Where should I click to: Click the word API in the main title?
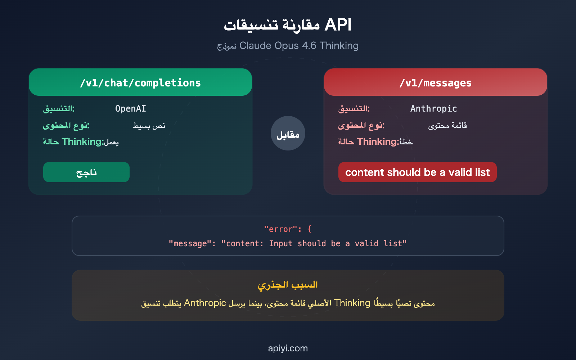click(x=338, y=25)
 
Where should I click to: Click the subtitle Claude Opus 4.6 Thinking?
click(x=299, y=46)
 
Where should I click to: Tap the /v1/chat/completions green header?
click(x=140, y=83)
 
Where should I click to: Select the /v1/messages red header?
click(x=435, y=83)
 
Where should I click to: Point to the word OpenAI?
click(x=130, y=109)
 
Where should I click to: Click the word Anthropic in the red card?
click(x=433, y=109)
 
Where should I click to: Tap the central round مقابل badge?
click(x=288, y=134)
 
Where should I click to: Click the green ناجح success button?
click(x=86, y=172)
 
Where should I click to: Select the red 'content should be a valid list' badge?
click(x=417, y=172)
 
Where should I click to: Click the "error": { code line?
click(x=288, y=229)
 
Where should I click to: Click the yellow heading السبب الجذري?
click(x=288, y=285)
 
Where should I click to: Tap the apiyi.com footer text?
click(x=288, y=348)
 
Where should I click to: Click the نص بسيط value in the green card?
click(x=149, y=126)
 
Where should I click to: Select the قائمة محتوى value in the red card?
click(x=447, y=126)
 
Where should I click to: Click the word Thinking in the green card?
click(x=82, y=142)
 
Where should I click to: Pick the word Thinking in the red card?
click(x=377, y=142)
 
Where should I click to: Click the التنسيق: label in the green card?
click(x=59, y=109)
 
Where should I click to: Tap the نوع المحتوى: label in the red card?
click(x=361, y=126)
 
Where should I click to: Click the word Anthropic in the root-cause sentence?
click(x=205, y=303)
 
